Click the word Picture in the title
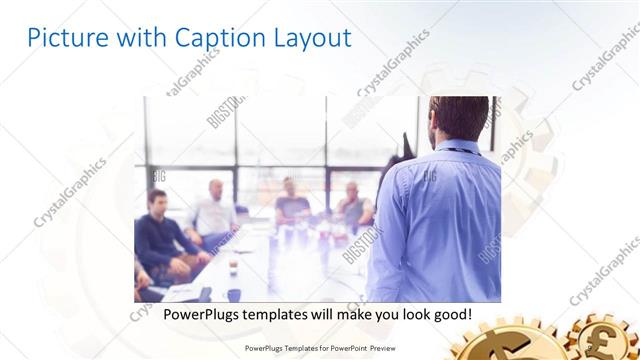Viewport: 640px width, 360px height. point(61,38)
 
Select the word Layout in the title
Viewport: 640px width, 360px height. point(311,38)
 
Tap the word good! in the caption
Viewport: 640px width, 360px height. point(450,314)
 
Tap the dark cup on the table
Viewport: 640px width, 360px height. point(233,295)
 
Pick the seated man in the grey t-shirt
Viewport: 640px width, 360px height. point(291,205)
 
